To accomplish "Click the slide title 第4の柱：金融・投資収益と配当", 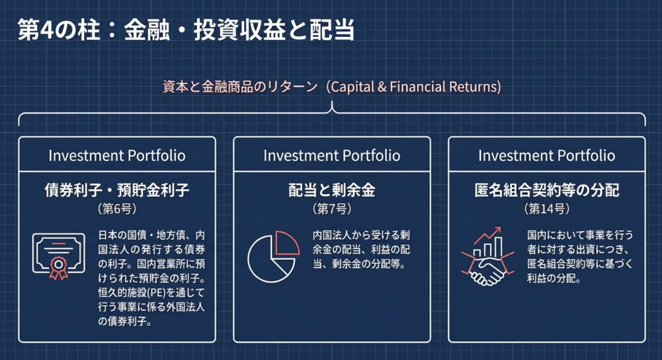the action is click(x=186, y=30).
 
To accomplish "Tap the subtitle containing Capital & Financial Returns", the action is click(x=332, y=87).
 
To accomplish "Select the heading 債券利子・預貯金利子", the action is click(x=117, y=190).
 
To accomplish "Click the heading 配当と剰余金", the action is click(x=332, y=190).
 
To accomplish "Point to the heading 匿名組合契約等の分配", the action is click(x=547, y=190).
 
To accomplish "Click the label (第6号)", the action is click(x=117, y=209).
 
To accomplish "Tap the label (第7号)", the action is click(x=332, y=209).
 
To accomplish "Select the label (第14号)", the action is click(x=547, y=209).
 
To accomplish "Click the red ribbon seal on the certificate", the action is click(x=59, y=268).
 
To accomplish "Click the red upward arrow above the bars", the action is click(x=487, y=235).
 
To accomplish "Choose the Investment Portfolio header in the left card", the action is click(x=117, y=155).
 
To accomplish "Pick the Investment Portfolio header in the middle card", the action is click(x=332, y=155).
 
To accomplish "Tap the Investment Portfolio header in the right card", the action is click(x=547, y=155).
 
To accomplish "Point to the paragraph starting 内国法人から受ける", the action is click(x=361, y=249).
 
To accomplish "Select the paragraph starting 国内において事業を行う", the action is click(x=580, y=257).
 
